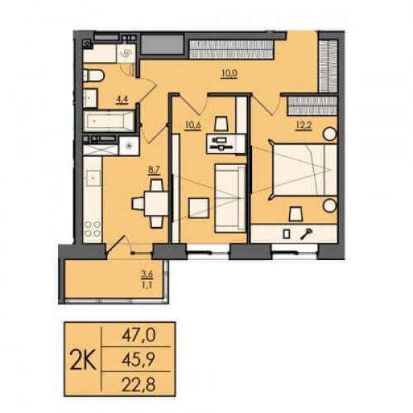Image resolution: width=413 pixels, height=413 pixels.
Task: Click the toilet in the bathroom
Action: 94,76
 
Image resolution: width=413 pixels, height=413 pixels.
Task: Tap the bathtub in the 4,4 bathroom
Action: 109,121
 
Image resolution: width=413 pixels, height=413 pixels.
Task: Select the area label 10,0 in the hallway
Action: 230,74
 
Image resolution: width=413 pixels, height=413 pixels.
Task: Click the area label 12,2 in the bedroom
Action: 304,125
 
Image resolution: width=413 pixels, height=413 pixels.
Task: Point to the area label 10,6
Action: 193,125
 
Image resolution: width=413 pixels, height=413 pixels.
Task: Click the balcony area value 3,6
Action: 147,274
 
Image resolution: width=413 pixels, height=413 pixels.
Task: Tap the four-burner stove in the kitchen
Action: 93,229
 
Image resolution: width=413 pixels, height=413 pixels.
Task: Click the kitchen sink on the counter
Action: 92,178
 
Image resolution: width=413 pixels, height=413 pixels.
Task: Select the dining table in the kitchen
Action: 156,203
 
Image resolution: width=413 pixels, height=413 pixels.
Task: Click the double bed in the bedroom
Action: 305,170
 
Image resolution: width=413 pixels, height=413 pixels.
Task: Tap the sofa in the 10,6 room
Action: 230,198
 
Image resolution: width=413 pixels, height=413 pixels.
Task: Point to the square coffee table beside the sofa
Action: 199,208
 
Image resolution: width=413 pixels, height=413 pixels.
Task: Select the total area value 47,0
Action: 138,336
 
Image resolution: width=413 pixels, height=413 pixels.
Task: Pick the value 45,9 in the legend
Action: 138,359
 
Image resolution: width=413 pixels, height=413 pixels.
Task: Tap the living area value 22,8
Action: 138,384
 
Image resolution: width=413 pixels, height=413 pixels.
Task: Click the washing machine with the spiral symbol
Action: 126,54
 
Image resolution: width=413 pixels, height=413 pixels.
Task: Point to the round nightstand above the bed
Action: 330,134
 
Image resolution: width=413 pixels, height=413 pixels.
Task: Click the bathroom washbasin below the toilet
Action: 90,98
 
